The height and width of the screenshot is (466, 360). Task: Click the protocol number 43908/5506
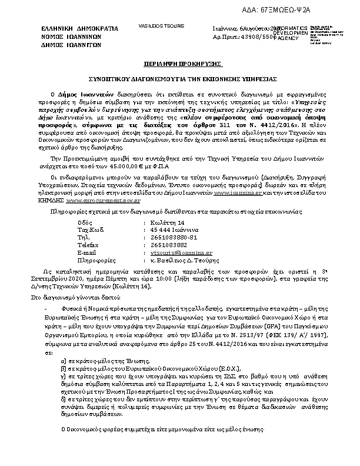(256, 36)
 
